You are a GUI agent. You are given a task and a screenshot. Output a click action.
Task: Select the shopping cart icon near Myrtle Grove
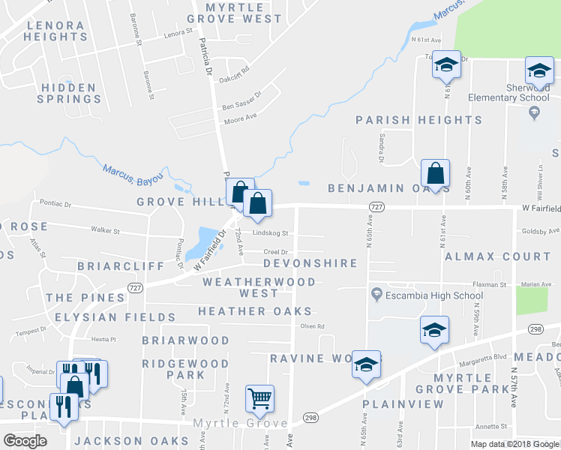(259, 398)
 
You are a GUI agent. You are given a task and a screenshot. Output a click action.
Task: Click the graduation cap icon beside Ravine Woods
(366, 364)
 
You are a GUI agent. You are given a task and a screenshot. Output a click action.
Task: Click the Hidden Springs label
(69, 93)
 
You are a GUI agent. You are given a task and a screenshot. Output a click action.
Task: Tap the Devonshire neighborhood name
(310, 264)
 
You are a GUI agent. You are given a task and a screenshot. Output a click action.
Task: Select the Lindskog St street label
(270, 233)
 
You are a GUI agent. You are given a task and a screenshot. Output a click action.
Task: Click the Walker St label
(105, 231)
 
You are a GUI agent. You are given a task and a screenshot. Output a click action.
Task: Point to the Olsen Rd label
(312, 326)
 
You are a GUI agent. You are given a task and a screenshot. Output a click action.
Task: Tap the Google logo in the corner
(25, 441)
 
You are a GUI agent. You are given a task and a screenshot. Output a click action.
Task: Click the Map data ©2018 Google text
(514, 444)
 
